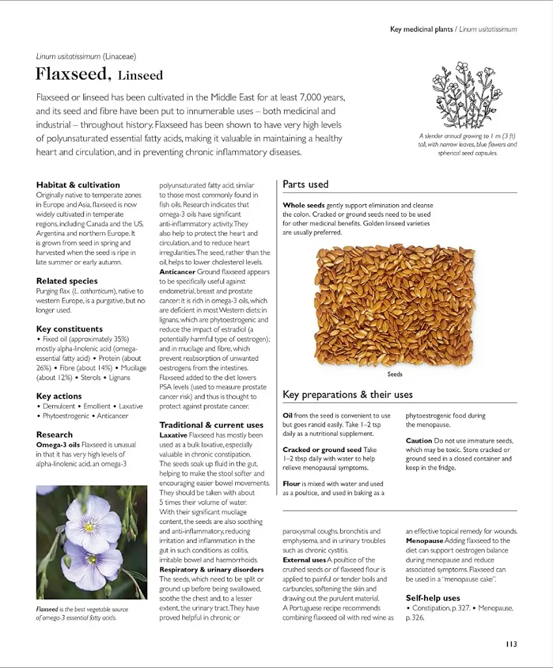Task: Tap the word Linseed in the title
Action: pyautogui.click(x=140, y=75)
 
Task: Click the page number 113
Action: pyautogui.click(x=511, y=644)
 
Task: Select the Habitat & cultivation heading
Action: pyautogui.click(x=78, y=185)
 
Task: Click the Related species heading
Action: pyautogui.click(x=67, y=281)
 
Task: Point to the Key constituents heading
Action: pyautogui.click(x=70, y=329)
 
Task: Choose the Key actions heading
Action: pyautogui.click(x=59, y=396)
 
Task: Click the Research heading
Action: pyautogui.click(x=55, y=434)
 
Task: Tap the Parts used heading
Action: pyautogui.click(x=305, y=184)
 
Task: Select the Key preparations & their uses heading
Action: pyautogui.click(x=347, y=394)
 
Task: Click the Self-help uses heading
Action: pyautogui.click(x=432, y=598)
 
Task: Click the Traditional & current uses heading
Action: pyautogui.click(x=211, y=425)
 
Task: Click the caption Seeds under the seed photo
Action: pyautogui.click(x=395, y=374)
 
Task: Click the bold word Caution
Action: pyautogui.click(x=419, y=440)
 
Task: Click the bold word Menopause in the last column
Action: pyautogui.click(x=424, y=540)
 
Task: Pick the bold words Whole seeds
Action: pyautogui.click(x=304, y=205)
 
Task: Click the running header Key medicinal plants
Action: pyautogui.click(x=421, y=29)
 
